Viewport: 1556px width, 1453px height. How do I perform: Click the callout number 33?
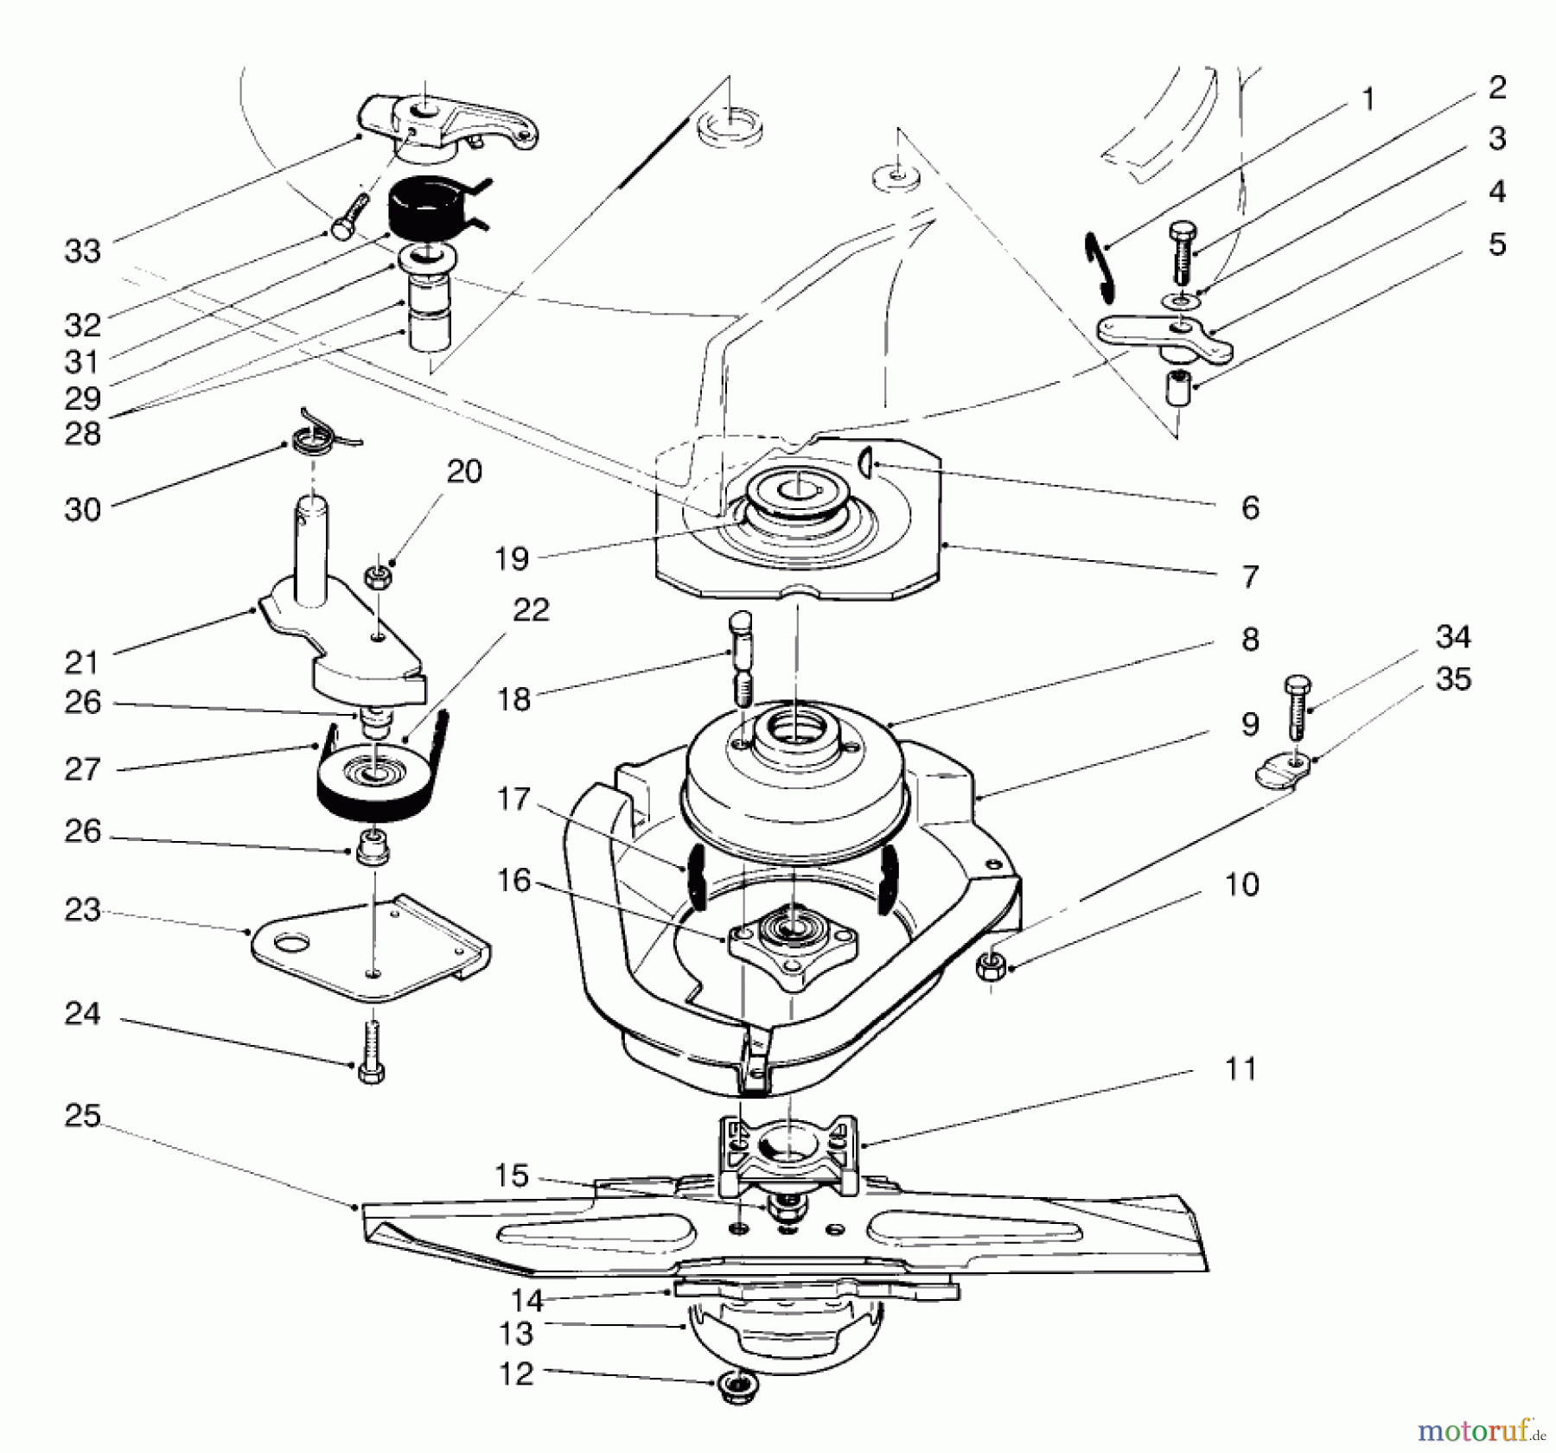pos(83,252)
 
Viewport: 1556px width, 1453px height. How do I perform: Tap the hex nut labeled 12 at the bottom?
pos(737,1390)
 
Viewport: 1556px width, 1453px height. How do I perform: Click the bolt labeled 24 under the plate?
pos(371,1049)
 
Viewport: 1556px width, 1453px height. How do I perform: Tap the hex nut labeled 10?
pos(992,965)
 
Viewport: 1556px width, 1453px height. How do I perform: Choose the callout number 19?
pos(512,558)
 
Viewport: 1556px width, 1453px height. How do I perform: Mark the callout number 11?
pos(1241,1070)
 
